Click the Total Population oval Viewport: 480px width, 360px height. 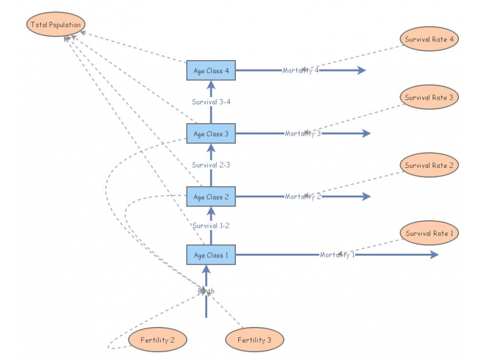click(x=55, y=25)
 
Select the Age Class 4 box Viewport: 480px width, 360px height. click(x=211, y=71)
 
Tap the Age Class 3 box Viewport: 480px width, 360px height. click(x=211, y=134)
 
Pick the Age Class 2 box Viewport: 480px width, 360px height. click(x=211, y=197)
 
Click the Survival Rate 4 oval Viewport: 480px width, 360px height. click(x=429, y=39)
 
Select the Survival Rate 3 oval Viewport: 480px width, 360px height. click(x=429, y=97)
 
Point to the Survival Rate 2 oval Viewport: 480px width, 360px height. click(x=429, y=165)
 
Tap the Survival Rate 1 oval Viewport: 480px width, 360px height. click(x=429, y=233)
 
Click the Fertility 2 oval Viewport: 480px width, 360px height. click(x=158, y=340)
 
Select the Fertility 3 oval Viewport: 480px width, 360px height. click(x=254, y=340)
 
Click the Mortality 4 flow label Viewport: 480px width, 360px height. click(x=301, y=71)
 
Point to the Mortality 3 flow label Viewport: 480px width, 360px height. click(x=303, y=134)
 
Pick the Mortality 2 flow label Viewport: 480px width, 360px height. click(x=303, y=197)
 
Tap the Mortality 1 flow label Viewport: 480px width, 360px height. click(x=337, y=255)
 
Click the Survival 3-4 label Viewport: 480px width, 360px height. click(x=211, y=102)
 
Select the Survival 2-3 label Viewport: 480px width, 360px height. click(x=211, y=165)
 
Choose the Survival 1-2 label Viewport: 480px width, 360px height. click(x=211, y=226)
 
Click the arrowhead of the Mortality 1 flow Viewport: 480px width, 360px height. click(x=434, y=255)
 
